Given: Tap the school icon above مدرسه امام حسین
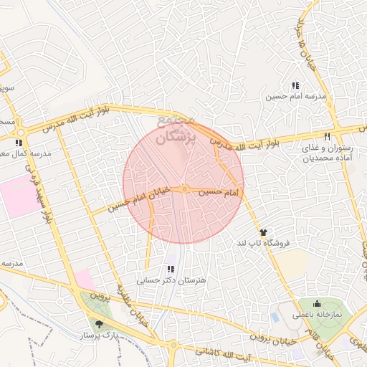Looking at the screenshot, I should click(295, 86).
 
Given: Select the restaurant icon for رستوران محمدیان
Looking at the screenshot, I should click(327, 135).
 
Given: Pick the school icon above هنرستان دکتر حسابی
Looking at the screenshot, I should click(170, 269).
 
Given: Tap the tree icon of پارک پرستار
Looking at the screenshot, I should click(99, 324).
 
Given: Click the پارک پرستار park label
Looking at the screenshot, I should click(99, 335).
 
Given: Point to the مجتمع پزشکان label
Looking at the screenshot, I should click(174, 129).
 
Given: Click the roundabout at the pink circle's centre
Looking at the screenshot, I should click(184, 189).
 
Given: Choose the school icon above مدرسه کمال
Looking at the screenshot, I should click(28, 143).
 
